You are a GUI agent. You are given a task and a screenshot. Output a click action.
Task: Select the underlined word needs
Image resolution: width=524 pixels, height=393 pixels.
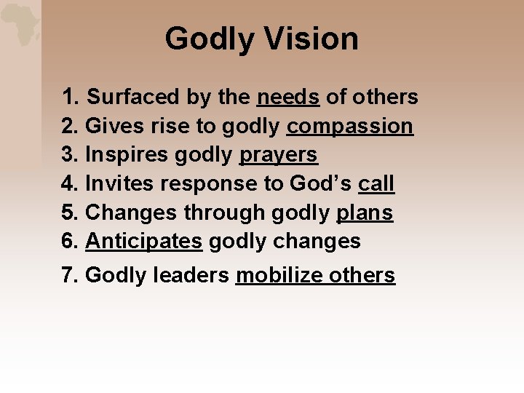coord(288,97)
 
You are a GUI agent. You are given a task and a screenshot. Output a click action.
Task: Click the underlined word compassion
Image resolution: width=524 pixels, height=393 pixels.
coord(350,126)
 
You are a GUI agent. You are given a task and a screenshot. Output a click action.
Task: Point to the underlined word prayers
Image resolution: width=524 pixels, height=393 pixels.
coord(278,155)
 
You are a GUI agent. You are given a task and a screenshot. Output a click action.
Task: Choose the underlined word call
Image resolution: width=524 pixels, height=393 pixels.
coord(376,183)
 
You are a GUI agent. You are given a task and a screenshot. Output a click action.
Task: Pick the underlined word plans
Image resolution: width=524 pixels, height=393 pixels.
coord(365,213)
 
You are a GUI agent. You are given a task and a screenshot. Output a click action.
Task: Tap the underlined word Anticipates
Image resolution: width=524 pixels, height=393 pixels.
coord(143,241)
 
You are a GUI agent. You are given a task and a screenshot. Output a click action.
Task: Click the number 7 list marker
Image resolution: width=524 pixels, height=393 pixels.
coord(69,275)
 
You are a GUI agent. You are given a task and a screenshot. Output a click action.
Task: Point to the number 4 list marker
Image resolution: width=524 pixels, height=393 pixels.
coord(69,183)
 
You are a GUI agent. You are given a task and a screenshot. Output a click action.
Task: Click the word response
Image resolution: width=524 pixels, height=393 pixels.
coord(211,183)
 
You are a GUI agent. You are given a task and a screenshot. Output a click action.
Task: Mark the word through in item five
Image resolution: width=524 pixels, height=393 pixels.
coord(224,213)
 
